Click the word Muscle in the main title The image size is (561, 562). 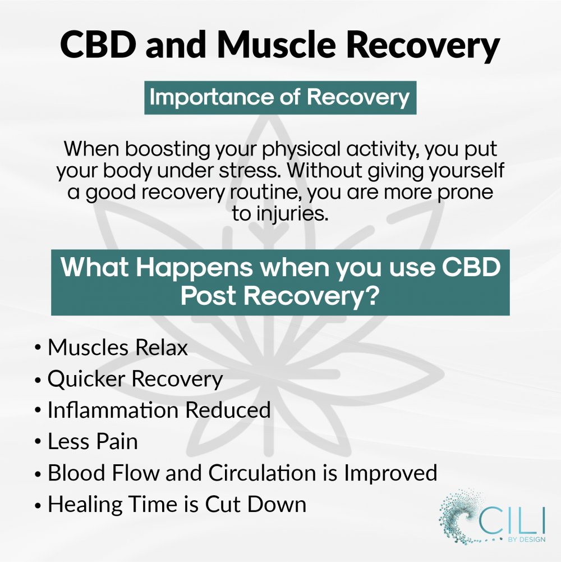tap(277, 45)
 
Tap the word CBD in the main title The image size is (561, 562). tap(98, 45)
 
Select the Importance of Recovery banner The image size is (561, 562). tap(280, 98)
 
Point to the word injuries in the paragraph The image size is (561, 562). tap(292, 213)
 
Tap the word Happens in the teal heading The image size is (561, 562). tap(195, 269)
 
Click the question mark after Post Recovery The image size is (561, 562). tap(373, 296)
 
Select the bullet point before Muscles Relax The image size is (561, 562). tap(38, 349)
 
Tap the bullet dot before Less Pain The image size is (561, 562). tap(38, 442)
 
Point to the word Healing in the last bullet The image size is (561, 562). tap(85, 505)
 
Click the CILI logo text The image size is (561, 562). tap(512, 521)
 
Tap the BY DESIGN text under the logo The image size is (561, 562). tap(527, 540)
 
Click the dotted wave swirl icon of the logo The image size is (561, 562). tap(458, 516)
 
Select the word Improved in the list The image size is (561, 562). tap(390, 474)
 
